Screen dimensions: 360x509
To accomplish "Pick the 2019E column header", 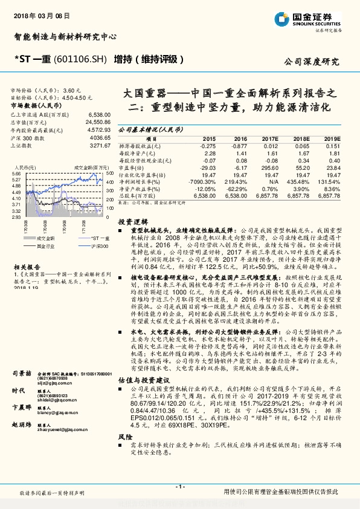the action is [331, 139].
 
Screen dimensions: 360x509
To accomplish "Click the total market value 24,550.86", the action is [97, 122].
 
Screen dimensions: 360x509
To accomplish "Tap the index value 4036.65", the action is [98, 137].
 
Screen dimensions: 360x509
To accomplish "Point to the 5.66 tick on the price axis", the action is [16, 173].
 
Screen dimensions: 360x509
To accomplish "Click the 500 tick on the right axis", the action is [108, 173].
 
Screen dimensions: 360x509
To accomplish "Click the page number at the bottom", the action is [179, 486].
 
